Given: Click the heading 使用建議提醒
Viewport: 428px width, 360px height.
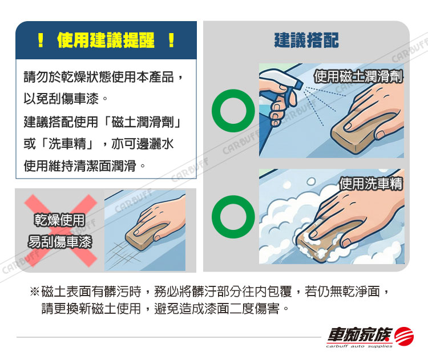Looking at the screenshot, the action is point(106,41).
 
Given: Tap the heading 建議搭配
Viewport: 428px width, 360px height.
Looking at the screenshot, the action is point(306,40).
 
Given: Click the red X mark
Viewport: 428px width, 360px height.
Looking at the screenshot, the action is point(60,230).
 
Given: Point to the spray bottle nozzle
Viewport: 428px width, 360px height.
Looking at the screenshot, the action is point(297,83).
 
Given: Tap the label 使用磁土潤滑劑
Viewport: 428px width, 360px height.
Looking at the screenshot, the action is point(358,76).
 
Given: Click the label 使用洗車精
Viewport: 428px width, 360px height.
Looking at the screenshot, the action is point(372,183).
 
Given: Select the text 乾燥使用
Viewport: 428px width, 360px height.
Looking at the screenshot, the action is point(59,220).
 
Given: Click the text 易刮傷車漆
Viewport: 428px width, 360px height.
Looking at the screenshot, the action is point(60,241).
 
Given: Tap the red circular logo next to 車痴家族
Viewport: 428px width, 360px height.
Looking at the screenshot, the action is point(404,336).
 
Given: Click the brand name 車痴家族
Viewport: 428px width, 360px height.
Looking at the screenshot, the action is point(360,335).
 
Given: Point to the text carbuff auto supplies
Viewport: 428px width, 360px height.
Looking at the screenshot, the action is point(359,346).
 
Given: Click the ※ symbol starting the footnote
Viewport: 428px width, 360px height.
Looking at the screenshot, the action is point(35,292).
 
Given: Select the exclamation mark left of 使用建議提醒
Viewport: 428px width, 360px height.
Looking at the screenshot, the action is point(41,41).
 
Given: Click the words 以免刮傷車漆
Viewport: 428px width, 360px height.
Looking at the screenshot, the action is point(61,98).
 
